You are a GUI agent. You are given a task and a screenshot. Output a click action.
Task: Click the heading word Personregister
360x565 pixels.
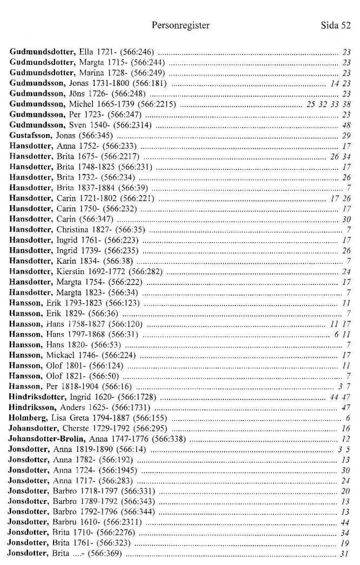(x=180, y=25)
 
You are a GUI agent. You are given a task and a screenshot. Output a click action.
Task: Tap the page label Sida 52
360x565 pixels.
(x=335, y=25)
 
